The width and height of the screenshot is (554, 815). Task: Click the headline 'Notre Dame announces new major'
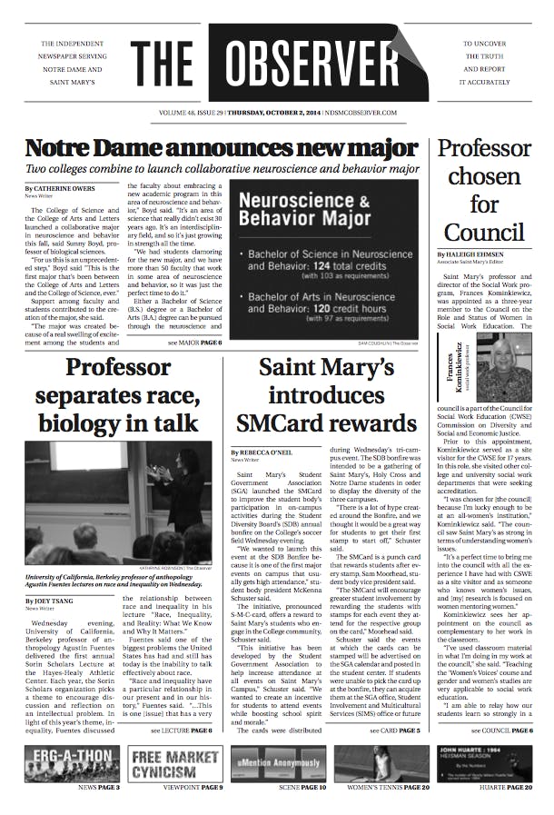[222, 147]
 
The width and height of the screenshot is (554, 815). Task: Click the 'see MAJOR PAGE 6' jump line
[194, 343]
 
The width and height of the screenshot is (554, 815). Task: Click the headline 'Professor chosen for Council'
[484, 190]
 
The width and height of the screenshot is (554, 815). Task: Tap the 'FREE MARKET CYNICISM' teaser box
[175, 763]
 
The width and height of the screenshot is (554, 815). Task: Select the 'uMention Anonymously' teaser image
[278, 763]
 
